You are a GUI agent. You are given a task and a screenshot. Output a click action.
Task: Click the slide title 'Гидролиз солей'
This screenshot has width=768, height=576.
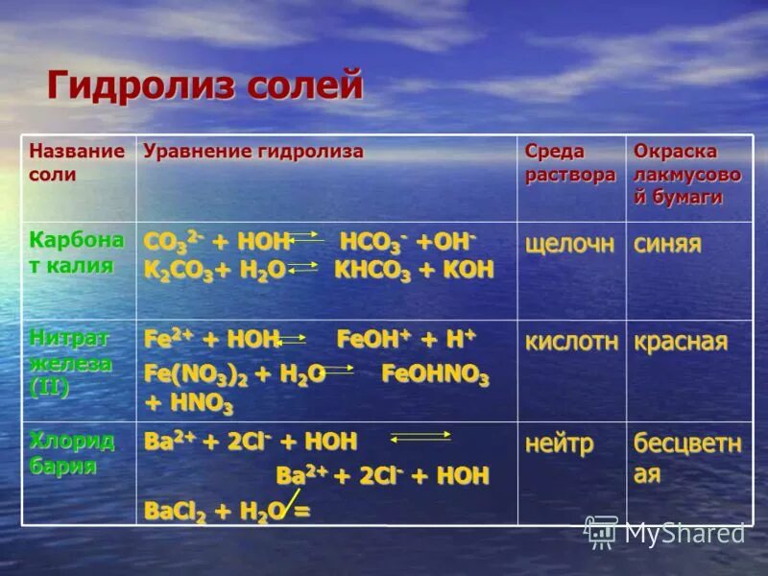(205, 85)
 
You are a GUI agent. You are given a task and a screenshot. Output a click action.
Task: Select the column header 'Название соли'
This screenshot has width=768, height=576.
(77, 162)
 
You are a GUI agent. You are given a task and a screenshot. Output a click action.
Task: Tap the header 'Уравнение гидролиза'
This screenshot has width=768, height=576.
(253, 152)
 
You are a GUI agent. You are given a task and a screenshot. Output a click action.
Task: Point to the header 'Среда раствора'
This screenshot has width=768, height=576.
(569, 162)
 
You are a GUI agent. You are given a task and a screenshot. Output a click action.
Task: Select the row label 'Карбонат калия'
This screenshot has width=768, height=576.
(77, 252)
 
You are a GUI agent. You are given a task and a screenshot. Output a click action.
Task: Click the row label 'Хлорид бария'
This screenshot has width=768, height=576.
(72, 453)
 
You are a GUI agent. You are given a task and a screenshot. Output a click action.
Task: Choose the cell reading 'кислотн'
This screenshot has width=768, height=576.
(571, 342)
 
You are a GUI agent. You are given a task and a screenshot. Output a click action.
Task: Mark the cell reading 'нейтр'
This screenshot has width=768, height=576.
(559, 444)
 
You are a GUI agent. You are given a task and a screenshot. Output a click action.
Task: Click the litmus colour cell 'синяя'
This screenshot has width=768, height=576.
(666, 244)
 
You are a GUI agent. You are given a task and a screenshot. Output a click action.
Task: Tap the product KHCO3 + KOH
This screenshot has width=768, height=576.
(413, 271)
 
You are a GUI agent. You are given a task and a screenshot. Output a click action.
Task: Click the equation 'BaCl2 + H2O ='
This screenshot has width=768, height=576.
(227, 511)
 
